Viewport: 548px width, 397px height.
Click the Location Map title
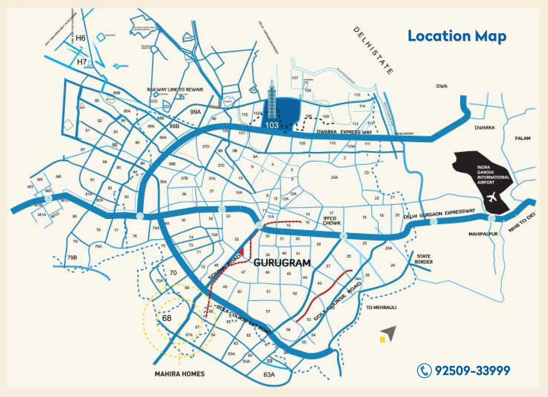[457, 36]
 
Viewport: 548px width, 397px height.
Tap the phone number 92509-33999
[472, 370]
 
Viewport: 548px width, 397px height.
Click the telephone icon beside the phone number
[424, 370]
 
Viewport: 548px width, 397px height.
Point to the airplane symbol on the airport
[492, 197]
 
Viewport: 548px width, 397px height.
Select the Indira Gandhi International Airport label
[493, 175]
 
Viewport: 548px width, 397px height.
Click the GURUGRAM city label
[282, 263]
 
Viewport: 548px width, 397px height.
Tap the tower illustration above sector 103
[272, 99]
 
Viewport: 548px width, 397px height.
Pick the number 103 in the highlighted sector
[272, 125]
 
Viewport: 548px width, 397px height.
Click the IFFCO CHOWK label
[332, 220]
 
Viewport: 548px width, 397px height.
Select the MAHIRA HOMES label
[179, 374]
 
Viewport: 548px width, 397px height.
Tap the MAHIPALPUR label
[483, 234]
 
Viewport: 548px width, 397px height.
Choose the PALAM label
[522, 138]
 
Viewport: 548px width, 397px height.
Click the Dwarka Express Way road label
[344, 132]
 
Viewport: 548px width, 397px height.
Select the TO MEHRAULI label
[381, 308]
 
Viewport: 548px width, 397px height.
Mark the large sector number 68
[167, 318]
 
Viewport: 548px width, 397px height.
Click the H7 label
[82, 62]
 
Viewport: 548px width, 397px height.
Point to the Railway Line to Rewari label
[175, 89]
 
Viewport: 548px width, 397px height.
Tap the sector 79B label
[72, 257]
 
